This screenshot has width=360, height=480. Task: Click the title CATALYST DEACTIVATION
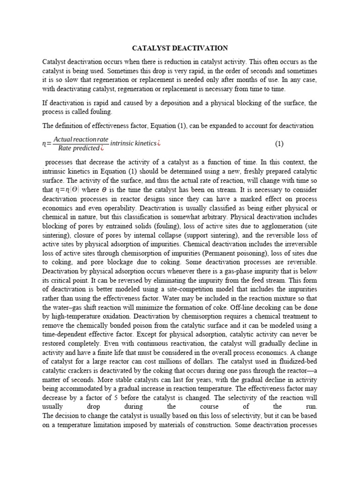[180, 48]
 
